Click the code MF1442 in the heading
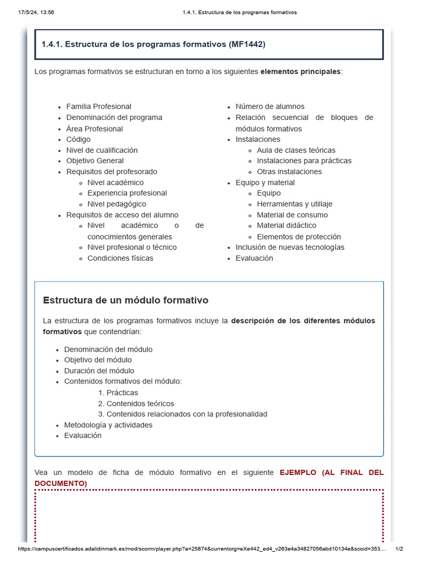pos(247,44)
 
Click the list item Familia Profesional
pos(99,106)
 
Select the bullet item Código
pos(78,139)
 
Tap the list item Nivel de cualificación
pos(102,150)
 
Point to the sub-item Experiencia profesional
pos(127,193)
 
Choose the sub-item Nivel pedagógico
pos(117,204)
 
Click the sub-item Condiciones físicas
pos(121,258)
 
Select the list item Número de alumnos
pos(270,106)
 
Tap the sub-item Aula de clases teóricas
pos(296,150)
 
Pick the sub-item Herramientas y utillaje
pos(294,204)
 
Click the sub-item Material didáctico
pos(286,225)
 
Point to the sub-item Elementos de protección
pos(299,237)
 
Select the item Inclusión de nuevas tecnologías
pos(290,247)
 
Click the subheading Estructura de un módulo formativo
pos(126,300)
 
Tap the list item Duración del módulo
pos(99,371)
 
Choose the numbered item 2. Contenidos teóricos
pos(136,404)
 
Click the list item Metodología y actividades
pos(109,425)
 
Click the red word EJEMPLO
pos(298,472)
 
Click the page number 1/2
pos(399,549)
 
